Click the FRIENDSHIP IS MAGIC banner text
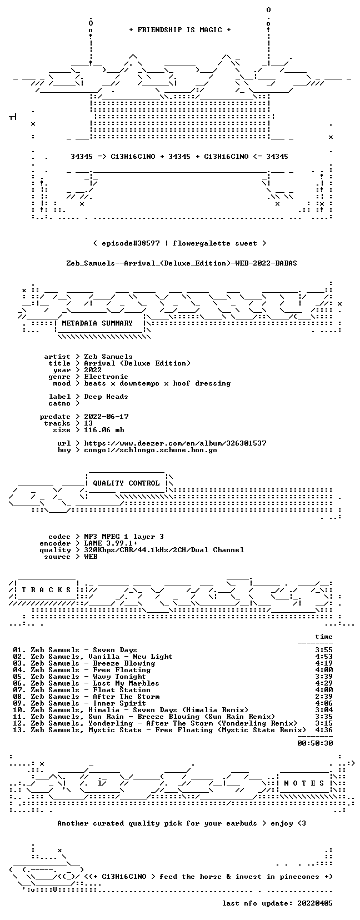point(180,30)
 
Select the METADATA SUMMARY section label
point(97,323)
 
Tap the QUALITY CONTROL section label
point(126,483)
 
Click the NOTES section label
point(304,783)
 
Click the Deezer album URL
point(176,443)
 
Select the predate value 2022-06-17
point(106,417)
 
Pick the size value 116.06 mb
point(104,430)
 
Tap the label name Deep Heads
point(106,397)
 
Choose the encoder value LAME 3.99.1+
point(111,543)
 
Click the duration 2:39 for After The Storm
point(324,697)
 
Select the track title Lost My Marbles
point(126,683)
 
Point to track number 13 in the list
point(18,730)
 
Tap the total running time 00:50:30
point(315,743)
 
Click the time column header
point(324,637)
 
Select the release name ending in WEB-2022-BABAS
point(182,263)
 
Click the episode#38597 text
point(131,243)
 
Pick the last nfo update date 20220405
point(315,903)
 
